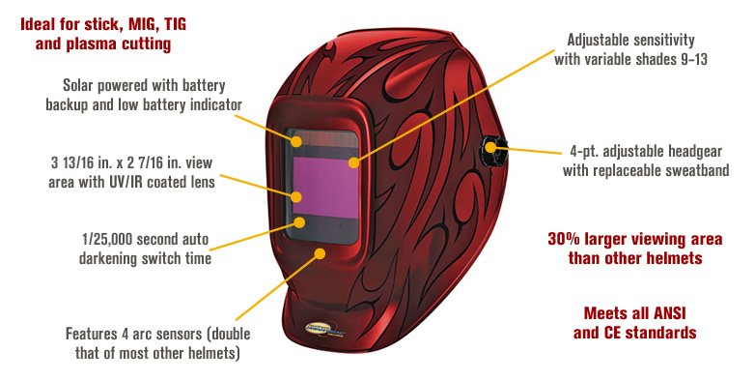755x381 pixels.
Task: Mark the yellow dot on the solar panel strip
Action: (296, 141)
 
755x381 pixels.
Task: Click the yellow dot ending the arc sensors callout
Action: (320, 253)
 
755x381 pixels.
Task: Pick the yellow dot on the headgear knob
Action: (490, 146)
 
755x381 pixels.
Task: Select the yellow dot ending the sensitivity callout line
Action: (354, 162)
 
